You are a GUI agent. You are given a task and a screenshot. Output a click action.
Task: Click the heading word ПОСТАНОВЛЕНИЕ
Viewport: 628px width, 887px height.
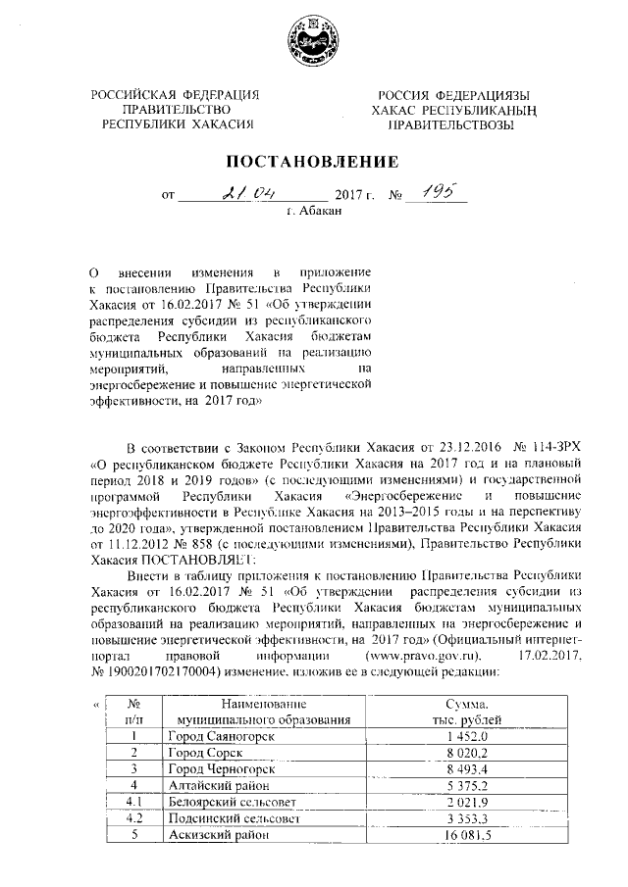click(313, 161)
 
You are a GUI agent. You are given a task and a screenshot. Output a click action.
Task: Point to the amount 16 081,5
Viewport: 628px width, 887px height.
click(469, 835)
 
